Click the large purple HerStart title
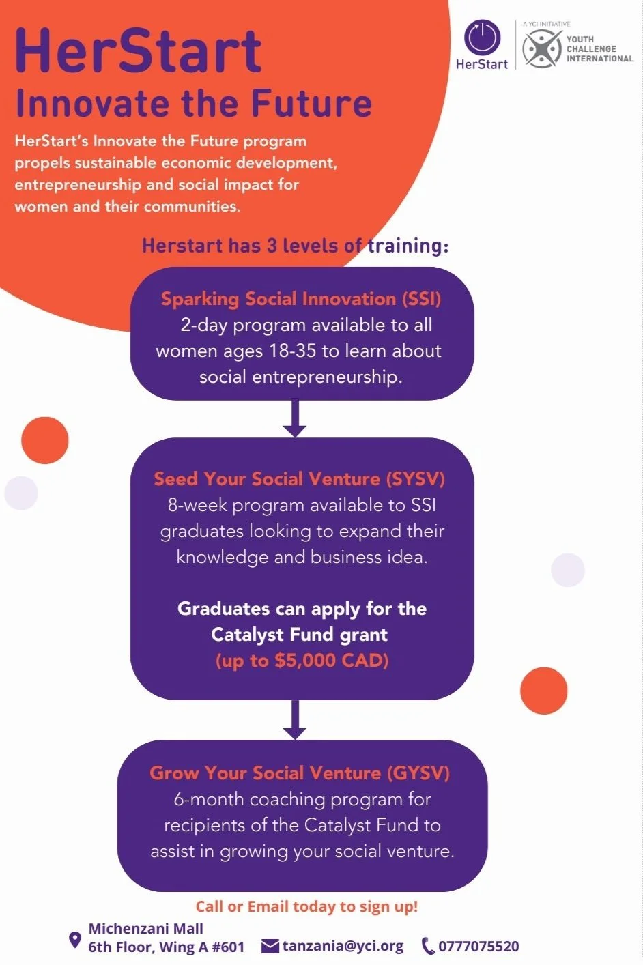(x=138, y=51)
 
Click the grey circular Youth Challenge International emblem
(x=541, y=48)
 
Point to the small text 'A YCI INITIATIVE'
(x=546, y=24)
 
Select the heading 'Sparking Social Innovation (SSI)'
(x=301, y=299)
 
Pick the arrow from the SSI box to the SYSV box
(x=294, y=418)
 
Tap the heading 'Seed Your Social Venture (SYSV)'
(x=299, y=479)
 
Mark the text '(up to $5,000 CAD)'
(x=302, y=661)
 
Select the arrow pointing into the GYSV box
(x=294, y=719)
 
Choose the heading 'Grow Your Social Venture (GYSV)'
(x=300, y=773)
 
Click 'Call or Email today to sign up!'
(x=306, y=906)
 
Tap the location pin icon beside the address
(x=75, y=940)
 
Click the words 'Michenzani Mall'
(x=146, y=928)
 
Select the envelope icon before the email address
(x=270, y=946)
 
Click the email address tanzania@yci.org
(x=343, y=946)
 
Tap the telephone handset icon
(x=428, y=946)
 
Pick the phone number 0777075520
(x=478, y=946)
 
